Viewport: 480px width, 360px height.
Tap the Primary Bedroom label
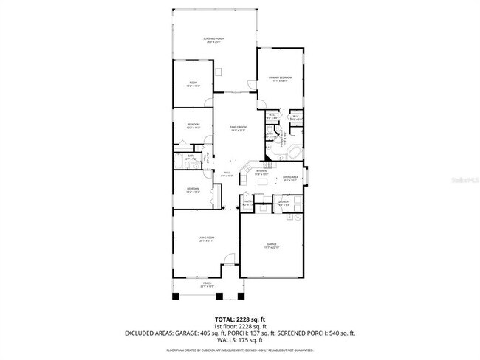(281, 78)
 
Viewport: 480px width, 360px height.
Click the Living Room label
(205, 238)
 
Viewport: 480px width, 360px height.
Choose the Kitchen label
(261, 173)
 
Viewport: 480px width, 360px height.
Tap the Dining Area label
(289, 179)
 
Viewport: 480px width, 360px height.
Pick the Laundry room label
(284, 202)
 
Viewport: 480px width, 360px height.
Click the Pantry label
(248, 203)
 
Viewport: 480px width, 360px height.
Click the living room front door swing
(230, 260)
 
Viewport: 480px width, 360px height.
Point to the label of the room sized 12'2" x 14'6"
(193, 83)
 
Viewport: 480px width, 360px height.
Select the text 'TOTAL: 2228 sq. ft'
(239, 319)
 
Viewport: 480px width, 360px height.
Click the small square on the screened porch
(219, 72)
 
